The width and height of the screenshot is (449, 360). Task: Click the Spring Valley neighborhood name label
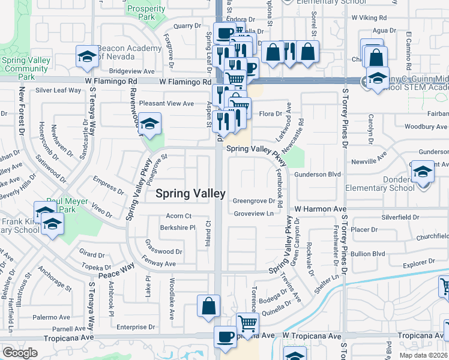click(191, 193)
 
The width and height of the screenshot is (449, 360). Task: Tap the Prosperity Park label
click(146, 13)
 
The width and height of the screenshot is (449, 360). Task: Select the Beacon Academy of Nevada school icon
click(87, 56)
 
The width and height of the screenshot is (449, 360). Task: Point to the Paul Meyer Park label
click(62, 205)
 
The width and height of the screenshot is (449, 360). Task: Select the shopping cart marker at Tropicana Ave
click(247, 324)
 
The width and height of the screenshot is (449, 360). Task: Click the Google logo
click(20, 353)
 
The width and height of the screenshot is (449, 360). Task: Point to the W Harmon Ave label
click(318, 209)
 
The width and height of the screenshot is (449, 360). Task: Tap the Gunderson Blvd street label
click(318, 174)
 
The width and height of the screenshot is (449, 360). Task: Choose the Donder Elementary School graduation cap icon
click(423, 172)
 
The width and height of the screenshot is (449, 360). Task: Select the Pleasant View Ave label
click(166, 103)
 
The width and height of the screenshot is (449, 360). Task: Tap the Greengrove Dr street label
click(253, 201)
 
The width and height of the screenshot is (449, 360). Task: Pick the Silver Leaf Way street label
click(58, 90)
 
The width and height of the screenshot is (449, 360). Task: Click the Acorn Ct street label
click(179, 216)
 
